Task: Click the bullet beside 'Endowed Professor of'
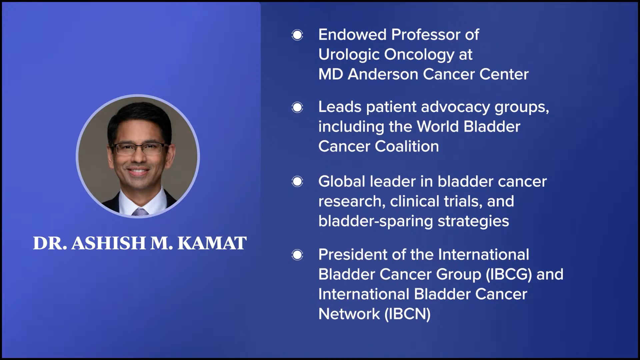coord(297,35)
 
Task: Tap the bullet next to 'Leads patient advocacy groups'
coord(297,107)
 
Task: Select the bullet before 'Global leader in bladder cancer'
coord(297,182)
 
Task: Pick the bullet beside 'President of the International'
coord(297,255)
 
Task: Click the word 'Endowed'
coord(352,35)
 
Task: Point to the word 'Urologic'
coord(349,55)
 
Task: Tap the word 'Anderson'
coord(383,74)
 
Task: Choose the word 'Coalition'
coord(407,146)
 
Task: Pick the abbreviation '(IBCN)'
coord(407,314)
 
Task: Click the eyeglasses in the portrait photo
coord(140,148)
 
